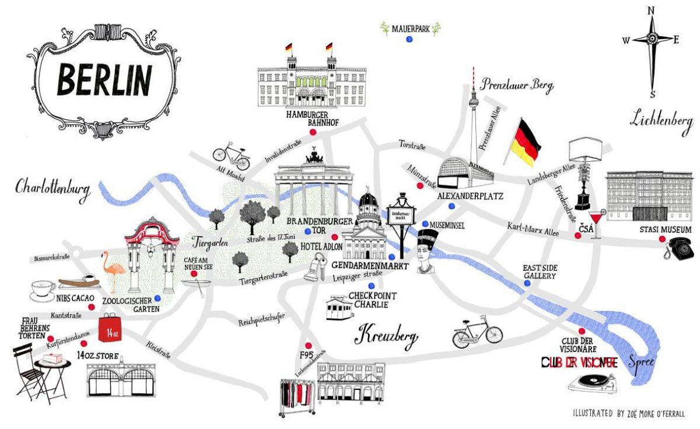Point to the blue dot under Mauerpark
[409, 39]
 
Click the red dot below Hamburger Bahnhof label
[312, 132]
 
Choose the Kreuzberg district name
[386, 336]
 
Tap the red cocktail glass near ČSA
[598, 217]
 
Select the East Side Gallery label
[539, 271]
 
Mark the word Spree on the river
[642, 362]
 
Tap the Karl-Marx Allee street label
[533, 229]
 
